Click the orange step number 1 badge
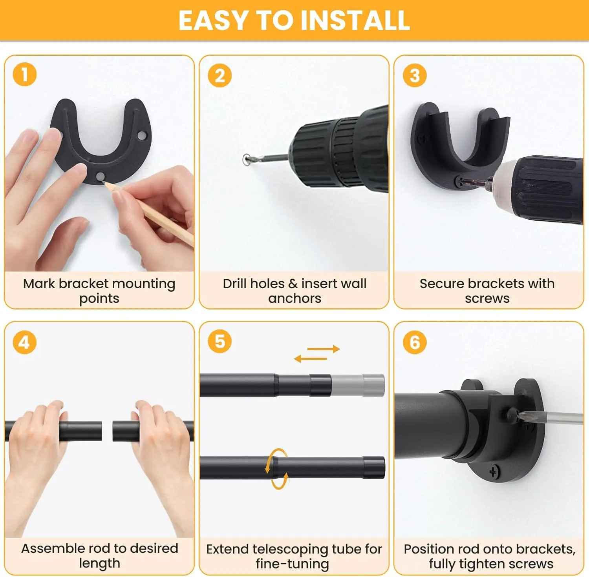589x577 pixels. coord(24,75)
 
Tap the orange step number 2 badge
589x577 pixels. coord(220,75)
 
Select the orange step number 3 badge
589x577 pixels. coord(415,75)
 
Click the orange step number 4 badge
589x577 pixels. coord(24,342)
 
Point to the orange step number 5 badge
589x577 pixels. coord(220,341)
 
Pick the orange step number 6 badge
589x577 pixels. coord(415,342)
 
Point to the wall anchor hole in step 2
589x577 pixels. coord(247,159)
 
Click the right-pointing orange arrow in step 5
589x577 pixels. coord(323,349)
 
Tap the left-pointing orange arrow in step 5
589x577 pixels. coord(310,359)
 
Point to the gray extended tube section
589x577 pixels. coord(358,385)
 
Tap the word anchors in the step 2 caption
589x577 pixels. coord(294,299)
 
